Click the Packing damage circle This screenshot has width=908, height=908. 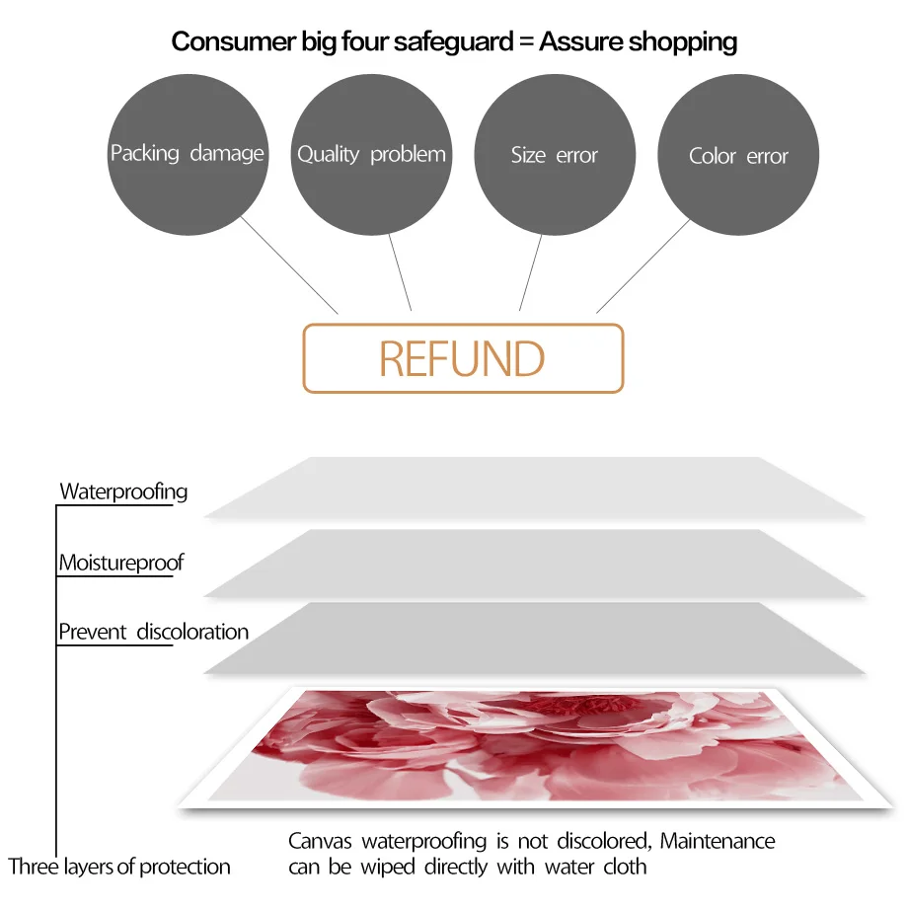click(x=188, y=155)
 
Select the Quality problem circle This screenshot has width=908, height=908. click(x=371, y=155)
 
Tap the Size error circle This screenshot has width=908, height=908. click(x=555, y=155)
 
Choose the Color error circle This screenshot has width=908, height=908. click(x=738, y=155)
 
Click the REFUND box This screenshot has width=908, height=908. click(x=463, y=358)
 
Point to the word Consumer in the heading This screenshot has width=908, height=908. click(x=233, y=41)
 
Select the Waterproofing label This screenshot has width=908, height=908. click(x=123, y=492)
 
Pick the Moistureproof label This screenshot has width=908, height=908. click(x=121, y=563)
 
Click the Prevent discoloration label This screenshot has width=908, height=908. click(x=153, y=632)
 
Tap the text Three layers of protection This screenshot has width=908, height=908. click(x=119, y=867)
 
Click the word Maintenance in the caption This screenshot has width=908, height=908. click(x=718, y=841)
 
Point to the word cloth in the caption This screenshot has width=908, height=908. click(x=625, y=867)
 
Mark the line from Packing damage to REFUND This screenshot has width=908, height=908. click(x=289, y=265)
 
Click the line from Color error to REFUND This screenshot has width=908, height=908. click(x=643, y=265)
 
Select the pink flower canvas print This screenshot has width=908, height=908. click(x=536, y=747)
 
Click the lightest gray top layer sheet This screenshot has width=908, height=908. click(x=535, y=488)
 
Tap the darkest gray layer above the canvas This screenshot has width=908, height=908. click(x=535, y=639)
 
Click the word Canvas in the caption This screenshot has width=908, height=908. click(x=320, y=841)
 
